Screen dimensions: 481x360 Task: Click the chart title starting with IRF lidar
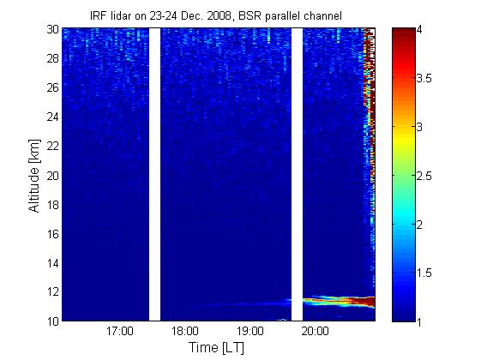(216, 15)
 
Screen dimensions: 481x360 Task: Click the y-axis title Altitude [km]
(34, 176)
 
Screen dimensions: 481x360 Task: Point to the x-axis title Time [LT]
(217, 348)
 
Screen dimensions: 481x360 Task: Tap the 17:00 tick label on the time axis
(120, 331)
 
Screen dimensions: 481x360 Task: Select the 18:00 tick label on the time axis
(184, 331)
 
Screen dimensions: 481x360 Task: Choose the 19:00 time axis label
(250, 331)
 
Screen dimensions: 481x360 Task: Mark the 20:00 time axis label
(315, 331)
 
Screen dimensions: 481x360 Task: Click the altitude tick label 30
(52, 29)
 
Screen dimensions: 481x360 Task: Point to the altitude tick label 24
(52, 117)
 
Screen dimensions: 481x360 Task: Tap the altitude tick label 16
(52, 234)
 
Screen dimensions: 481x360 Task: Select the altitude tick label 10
(52, 321)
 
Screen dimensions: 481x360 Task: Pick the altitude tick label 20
(52, 176)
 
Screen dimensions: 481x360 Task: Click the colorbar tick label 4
(419, 30)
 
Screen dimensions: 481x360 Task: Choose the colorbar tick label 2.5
(424, 176)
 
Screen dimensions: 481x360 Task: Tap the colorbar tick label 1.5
(424, 273)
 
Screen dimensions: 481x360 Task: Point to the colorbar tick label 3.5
(424, 79)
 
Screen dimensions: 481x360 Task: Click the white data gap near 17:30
(154, 175)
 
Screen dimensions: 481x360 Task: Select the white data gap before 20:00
(297, 175)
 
